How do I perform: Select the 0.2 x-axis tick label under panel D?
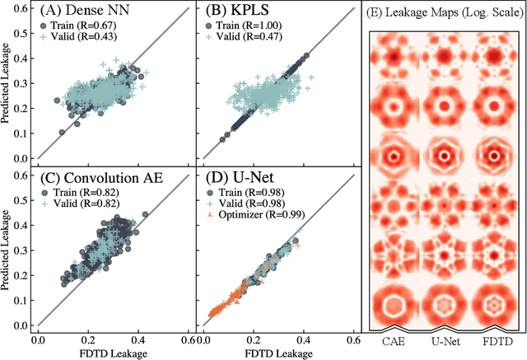[x=246, y=339]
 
